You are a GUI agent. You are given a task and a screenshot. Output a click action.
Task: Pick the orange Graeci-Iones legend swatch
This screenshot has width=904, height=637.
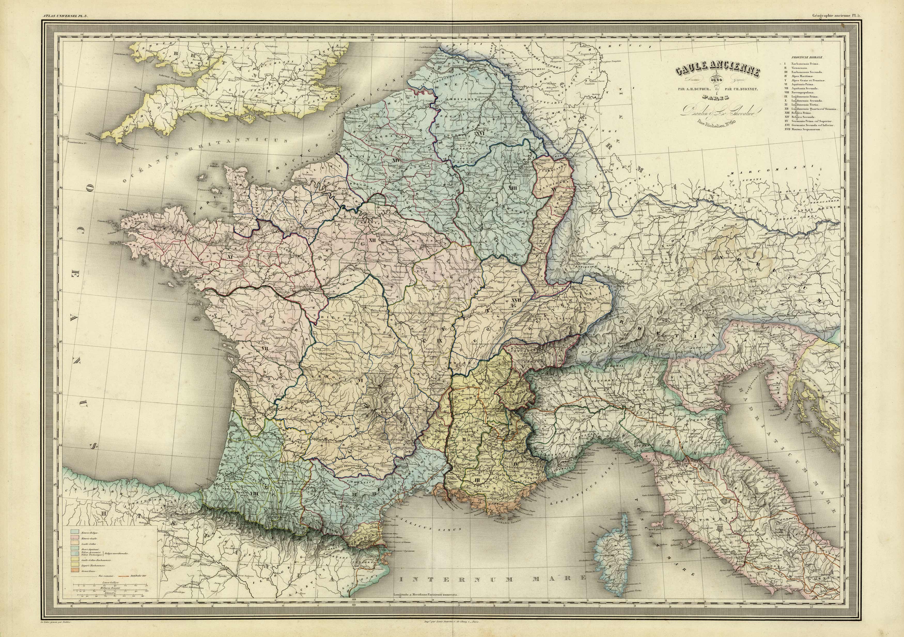tap(75, 570)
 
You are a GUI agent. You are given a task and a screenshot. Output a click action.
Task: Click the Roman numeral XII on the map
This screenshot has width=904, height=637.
tap(373, 239)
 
